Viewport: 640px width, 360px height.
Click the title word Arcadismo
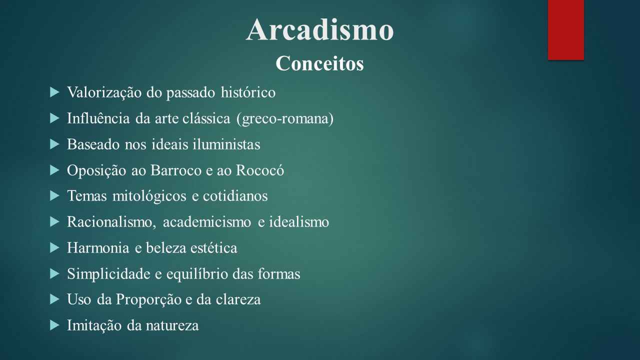click(x=319, y=29)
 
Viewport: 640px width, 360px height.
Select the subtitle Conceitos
click(x=319, y=63)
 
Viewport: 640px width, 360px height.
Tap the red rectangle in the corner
click(x=565, y=30)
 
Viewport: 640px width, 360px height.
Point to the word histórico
click(x=248, y=92)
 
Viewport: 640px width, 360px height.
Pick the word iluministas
click(x=226, y=144)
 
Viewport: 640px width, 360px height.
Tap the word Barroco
click(x=176, y=170)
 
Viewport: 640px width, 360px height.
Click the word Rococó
click(x=260, y=170)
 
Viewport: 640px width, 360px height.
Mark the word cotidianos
click(x=235, y=196)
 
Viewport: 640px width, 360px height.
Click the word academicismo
click(x=207, y=222)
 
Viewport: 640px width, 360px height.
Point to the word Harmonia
click(x=98, y=247)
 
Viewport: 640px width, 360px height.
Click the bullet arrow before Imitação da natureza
click(x=54, y=325)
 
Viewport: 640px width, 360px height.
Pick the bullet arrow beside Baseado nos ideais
click(x=54, y=144)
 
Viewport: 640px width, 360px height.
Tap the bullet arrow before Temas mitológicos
click(x=54, y=196)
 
